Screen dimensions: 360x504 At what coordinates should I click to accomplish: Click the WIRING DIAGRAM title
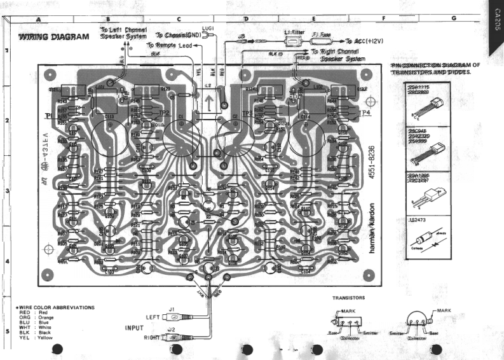(54, 37)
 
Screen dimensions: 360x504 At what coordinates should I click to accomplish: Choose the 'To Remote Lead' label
(168, 46)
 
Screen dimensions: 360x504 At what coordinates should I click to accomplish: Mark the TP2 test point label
(164, 113)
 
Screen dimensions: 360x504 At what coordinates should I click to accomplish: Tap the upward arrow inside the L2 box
(210, 103)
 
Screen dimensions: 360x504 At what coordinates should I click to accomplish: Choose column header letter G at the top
(453, 18)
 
